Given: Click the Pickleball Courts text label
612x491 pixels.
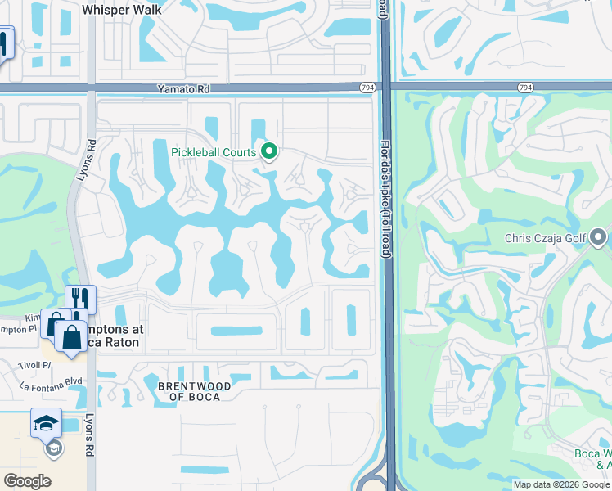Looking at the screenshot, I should pyautogui.click(x=214, y=152).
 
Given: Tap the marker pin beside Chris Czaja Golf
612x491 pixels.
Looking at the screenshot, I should pyautogui.click(x=598, y=238).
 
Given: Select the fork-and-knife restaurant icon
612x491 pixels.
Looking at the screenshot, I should pyautogui.click(x=81, y=299).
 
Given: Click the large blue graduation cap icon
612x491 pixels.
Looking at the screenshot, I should pyautogui.click(x=46, y=423).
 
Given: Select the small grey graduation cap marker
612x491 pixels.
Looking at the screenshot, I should pyautogui.click(x=53, y=448).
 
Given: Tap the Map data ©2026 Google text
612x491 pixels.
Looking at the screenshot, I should pyautogui.click(x=561, y=484).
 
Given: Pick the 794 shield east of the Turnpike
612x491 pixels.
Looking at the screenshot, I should pyautogui.click(x=525, y=87).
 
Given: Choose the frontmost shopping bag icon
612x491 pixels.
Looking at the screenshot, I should pyautogui.click(x=71, y=337).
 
